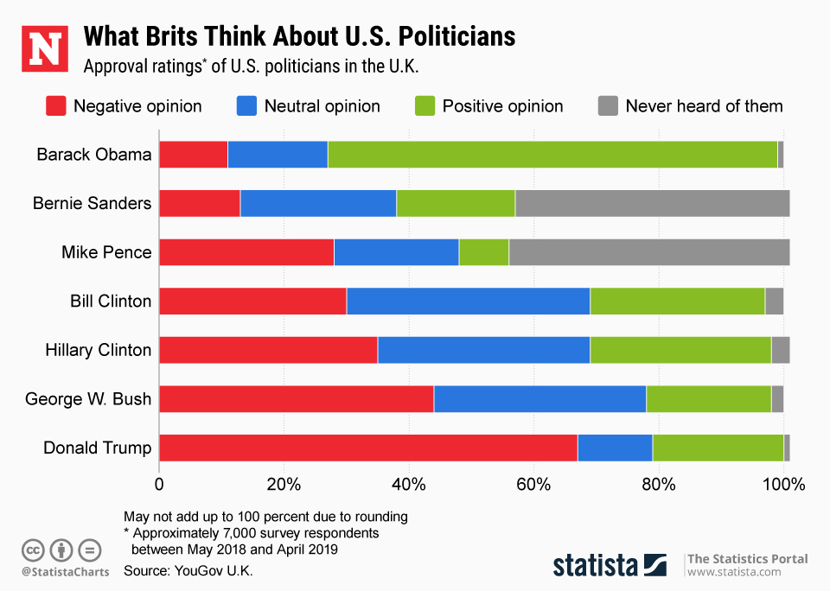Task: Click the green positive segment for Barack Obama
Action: [552, 155]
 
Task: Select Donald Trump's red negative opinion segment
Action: [368, 448]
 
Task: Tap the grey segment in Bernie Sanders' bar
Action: [652, 204]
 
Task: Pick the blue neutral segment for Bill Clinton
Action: [468, 302]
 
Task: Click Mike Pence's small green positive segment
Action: [483, 252]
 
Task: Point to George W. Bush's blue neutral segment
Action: [539, 399]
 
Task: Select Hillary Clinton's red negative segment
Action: [268, 350]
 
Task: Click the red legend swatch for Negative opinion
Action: [55, 106]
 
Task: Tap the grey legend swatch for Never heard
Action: [608, 106]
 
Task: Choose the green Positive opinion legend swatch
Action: [425, 106]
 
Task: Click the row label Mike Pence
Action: [106, 252]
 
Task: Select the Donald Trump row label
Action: [97, 448]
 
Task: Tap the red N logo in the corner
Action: [43, 48]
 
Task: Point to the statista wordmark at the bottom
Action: [596, 565]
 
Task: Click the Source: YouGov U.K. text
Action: [188, 571]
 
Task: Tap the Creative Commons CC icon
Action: [33, 549]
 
